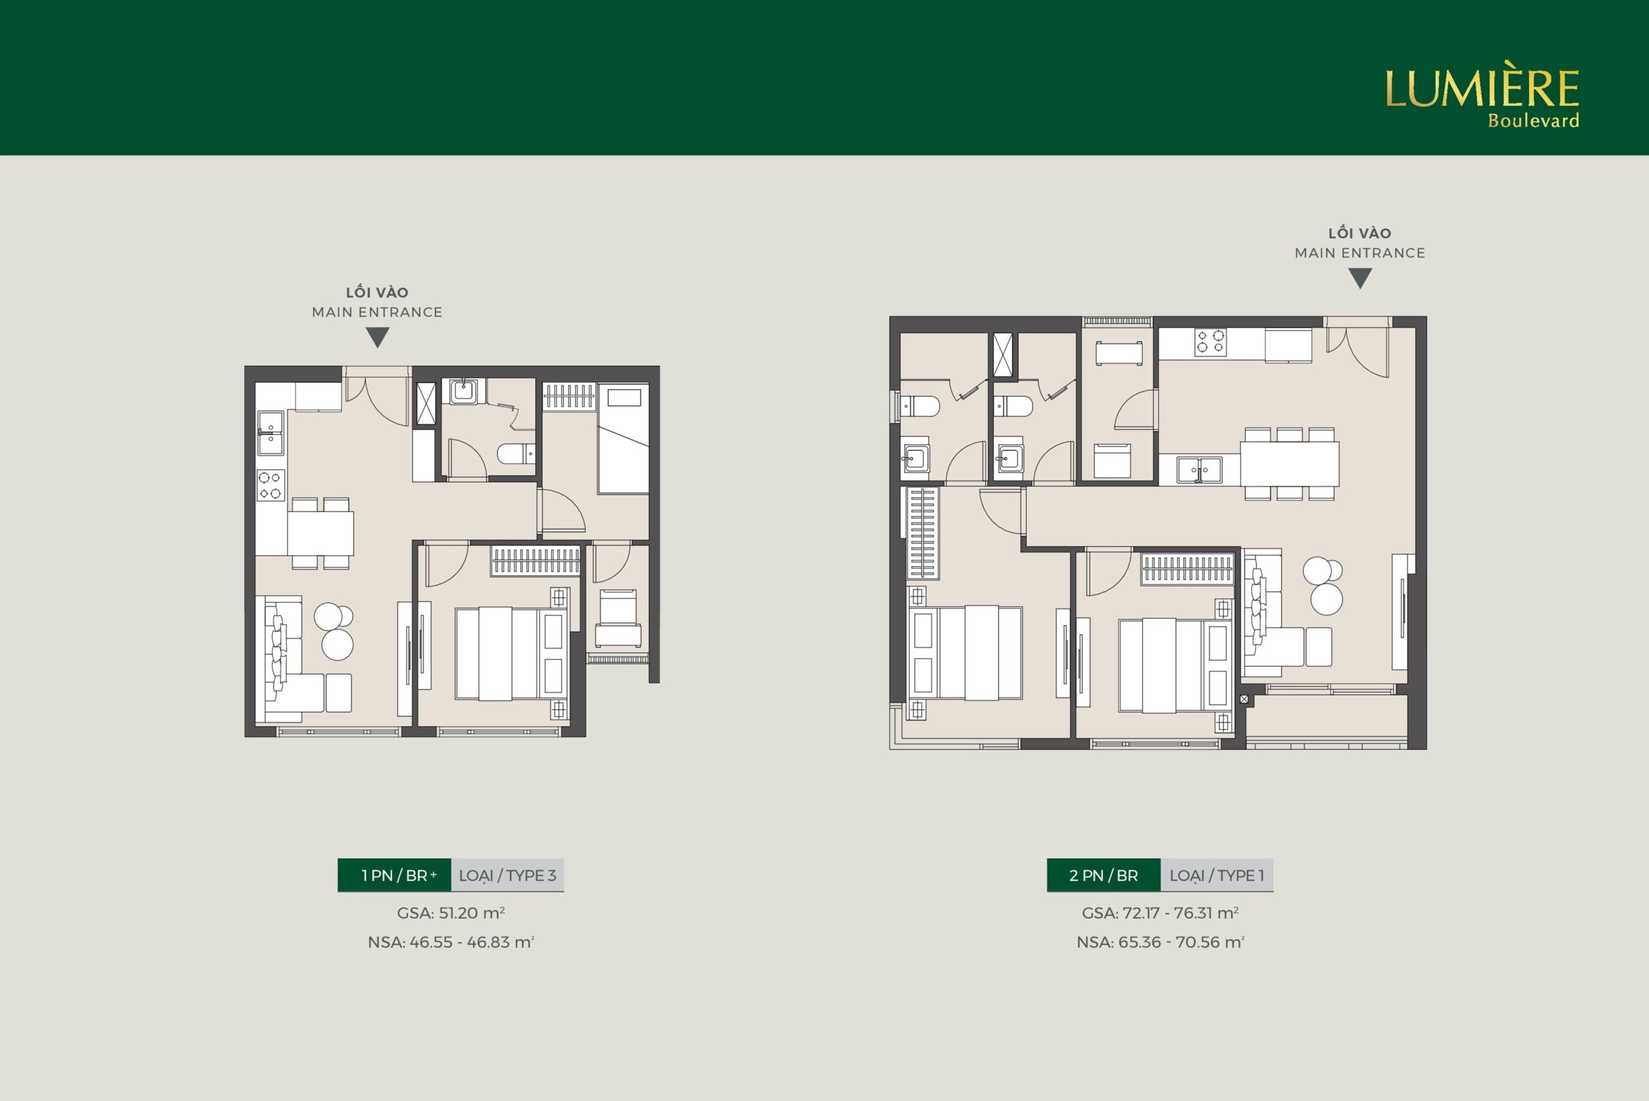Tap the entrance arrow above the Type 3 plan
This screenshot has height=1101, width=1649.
(377, 338)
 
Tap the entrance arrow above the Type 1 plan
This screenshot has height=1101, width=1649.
(1360, 279)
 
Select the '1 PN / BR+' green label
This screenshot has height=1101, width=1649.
(394, 875)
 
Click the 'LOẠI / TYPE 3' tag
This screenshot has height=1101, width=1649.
(508, 875)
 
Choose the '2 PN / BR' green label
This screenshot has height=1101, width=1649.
(1103, 875)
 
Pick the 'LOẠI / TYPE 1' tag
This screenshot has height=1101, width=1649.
(1217, 875)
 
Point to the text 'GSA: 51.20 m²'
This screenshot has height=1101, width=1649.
(451, 913)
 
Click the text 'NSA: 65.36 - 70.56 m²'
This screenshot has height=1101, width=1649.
(1159, 942)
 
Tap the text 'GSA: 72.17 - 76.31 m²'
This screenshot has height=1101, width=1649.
(1159, 913)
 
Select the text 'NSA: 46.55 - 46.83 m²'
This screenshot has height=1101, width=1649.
(451, 942)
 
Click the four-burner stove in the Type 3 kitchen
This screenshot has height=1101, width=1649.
(271, 485)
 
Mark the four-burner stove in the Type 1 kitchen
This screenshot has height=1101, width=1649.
(1211, 342)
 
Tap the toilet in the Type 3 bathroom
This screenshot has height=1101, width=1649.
(516, 454)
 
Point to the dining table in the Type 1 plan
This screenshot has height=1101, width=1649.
(1290, 463)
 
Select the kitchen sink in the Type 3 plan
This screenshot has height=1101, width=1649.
(271, 433)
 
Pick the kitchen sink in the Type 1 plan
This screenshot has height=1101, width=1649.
(1199, 470)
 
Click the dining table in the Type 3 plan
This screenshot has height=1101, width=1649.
(320, 533)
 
